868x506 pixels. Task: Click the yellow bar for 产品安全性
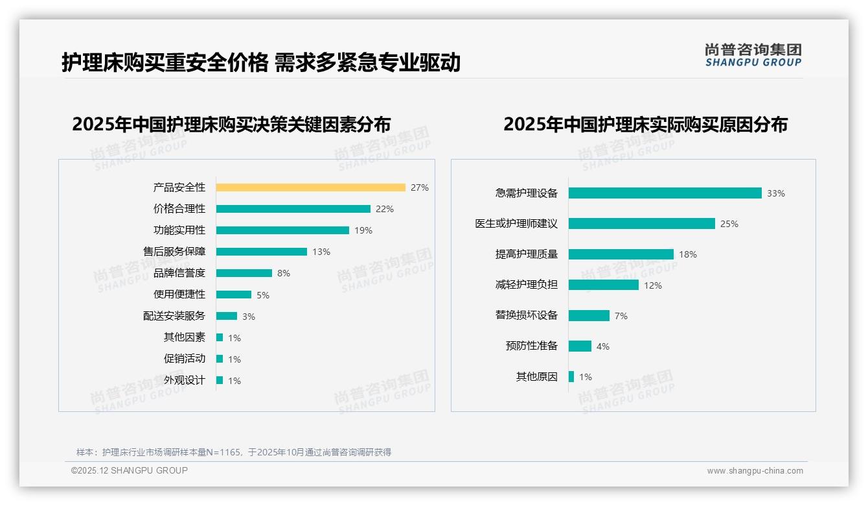click(x=310, y=187)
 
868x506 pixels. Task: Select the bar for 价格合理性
click(x=293, y=209)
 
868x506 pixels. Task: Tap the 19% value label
click(x=363, y=230)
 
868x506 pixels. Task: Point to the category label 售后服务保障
click(x=174, y=252)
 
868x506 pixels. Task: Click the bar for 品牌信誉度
click(x=244, y=273)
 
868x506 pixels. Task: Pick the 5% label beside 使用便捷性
click(x=263, y=295)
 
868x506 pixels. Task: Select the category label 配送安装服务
click(x=174, y=316)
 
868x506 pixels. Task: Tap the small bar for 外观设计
click(x=220, y=380)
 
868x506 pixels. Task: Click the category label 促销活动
click(x=185, y=359)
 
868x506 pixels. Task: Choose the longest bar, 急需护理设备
click(x=665, y=193)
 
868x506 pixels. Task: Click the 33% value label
click(x=776, y=193)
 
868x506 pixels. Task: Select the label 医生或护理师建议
click(x=516, y=224)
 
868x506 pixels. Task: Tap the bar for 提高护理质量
click(x=621, y=254)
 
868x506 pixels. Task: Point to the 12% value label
click(x=653, y=285)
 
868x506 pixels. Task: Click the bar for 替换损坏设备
click(x=589, y=315)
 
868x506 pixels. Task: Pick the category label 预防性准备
click(x=532, y=346)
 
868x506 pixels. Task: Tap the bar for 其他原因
click(x=571, y=376)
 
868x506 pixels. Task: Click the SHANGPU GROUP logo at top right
click(x=753, y=55)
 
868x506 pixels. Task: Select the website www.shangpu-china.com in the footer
click(x=755, y=471)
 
